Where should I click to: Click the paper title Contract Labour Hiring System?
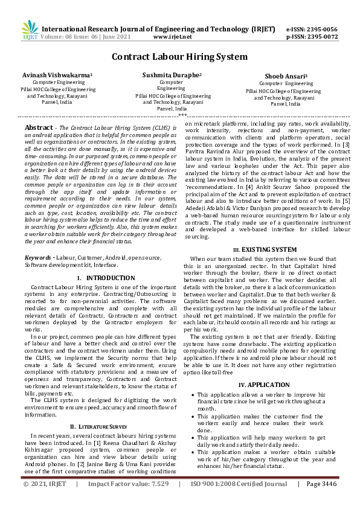pyautogui.click(x=179, y=57)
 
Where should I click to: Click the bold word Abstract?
pyautogui.click(x=38, y=128)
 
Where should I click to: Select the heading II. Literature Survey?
pyautogui.click(x=100, y=426)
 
